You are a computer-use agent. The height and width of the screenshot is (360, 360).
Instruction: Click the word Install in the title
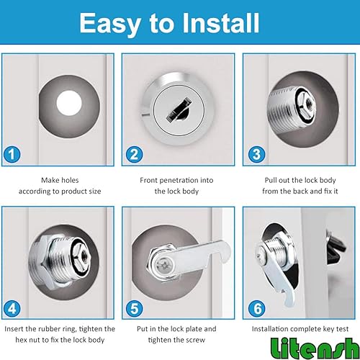pos(221,23)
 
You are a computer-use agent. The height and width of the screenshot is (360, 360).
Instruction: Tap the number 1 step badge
pos(12,154)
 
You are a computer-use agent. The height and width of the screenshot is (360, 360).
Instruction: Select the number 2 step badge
pos(135,154)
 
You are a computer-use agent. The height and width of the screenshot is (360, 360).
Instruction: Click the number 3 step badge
pos(256,154)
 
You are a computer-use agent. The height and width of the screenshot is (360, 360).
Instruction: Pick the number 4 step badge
pos(12,309)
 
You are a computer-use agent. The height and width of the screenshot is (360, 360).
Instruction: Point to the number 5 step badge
pos(135,309)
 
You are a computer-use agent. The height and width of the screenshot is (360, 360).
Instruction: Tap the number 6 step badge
pos(256,309)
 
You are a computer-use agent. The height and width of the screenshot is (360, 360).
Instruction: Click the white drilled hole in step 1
pos(69,103)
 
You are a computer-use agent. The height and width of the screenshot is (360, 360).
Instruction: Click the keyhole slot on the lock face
pos(179,109)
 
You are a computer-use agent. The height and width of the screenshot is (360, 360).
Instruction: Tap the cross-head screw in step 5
pos(163,266)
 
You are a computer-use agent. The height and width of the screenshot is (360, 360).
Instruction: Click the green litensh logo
pos(315,348)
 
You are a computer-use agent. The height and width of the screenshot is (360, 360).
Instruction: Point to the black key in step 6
pos(336,247)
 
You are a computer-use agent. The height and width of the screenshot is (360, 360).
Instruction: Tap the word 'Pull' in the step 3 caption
pos(271,180)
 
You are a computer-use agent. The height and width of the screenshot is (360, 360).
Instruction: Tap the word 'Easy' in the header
pos(110,24)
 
